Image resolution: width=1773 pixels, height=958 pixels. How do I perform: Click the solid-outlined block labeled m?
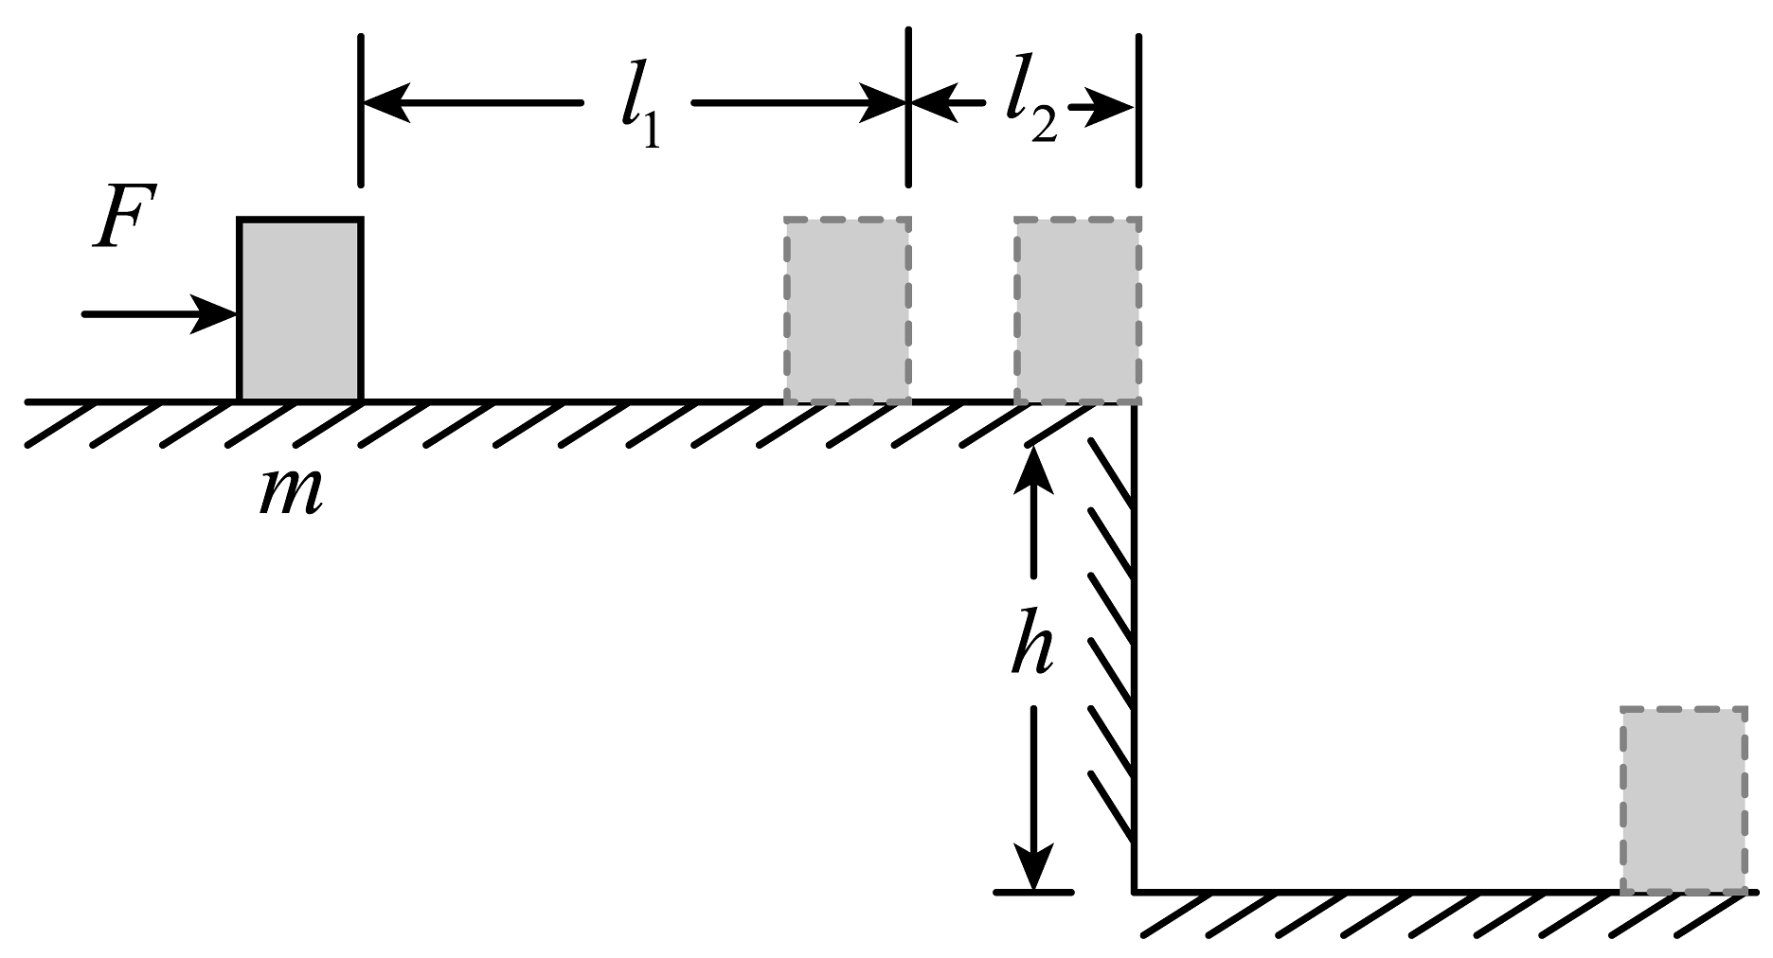299,310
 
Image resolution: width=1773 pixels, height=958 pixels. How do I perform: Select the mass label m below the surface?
291,493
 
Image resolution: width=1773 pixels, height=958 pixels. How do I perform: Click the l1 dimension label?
639,115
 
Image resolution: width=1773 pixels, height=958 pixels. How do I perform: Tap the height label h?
1032,643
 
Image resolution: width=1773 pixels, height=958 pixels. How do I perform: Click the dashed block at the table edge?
1078,310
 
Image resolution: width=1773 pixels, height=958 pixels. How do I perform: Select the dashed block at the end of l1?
848,310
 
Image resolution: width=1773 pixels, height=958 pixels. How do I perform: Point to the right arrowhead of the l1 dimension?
883,102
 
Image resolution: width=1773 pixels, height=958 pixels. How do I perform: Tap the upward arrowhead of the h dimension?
1033,468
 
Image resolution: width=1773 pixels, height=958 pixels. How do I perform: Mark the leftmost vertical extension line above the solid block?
360,110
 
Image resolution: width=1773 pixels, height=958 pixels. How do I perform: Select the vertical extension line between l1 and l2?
909,107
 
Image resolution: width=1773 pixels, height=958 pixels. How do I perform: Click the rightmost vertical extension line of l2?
1138,110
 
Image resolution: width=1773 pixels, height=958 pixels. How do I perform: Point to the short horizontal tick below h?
1034,892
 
